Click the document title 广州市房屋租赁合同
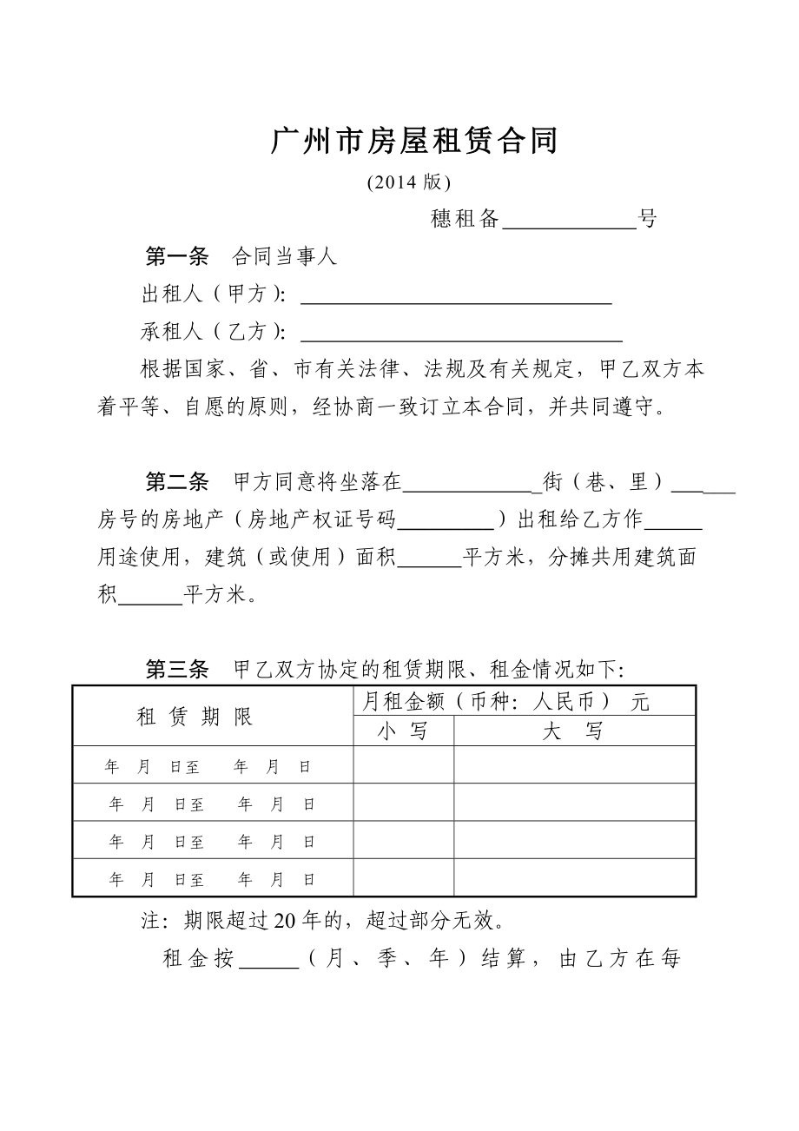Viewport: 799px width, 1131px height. click(x=414, y=141)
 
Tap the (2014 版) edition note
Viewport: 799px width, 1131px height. click(x=408, y=182)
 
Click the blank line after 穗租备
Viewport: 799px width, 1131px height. click(x=570, y=221)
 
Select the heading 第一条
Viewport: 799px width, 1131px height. click(x=177, y=257)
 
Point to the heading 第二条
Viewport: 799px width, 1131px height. click(x=177, y=482)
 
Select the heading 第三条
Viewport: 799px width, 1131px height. click(x=177, y=669)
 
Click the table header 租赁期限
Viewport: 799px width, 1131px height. click(x=195, y=717)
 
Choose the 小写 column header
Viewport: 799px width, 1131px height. click(x=403, y=731)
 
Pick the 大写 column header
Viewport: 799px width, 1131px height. click(x=573, y=731)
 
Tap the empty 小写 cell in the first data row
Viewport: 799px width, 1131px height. click(x=403, y=765)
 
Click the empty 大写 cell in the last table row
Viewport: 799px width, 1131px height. click(x=574, y=878)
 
